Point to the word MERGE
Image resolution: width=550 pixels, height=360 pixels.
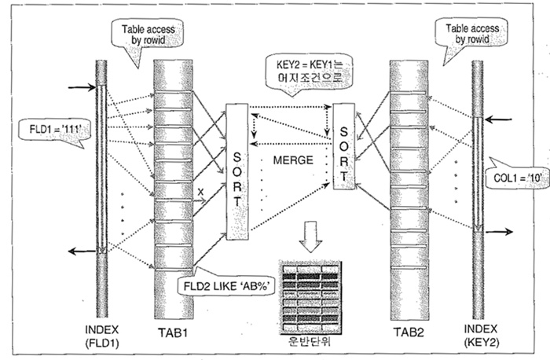pyautogui.click(x=293, y=160)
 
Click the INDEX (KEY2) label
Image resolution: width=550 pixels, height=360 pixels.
pyautogui.click(x=477, y=337)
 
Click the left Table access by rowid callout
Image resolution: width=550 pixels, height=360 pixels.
pyautogui.click(x=149, y=35)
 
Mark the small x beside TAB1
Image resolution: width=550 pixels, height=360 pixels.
pyautogui.click(x=201, y=191)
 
